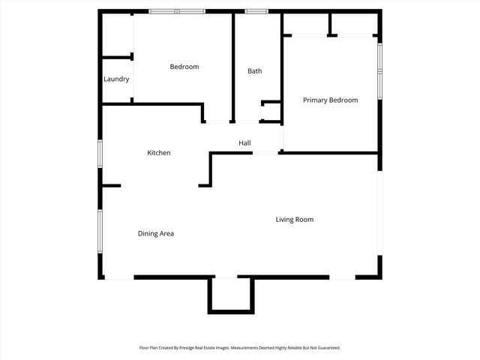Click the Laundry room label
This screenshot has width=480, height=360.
(x=116, y=79)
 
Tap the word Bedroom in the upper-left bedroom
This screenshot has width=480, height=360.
(x=184, y=67)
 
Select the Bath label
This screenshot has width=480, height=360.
(x=255, y=71)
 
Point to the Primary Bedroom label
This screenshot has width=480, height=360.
(x=330, y=100)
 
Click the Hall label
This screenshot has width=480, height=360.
(x=244, y=142)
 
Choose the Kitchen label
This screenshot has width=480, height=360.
(x=158, y=152)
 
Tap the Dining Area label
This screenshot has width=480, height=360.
(x=156, y=233)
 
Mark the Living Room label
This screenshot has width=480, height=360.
(x=294, y=219)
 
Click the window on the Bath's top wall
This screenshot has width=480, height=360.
(x=257, y=11)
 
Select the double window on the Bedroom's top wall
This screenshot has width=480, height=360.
(x=177, y=11)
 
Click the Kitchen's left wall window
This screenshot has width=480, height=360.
(x=100, y=152)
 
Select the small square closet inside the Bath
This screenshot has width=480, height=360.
(x=271, y=112)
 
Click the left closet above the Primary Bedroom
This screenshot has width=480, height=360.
(x=306, y=24)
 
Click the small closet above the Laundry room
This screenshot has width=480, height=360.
(x=117, y=34)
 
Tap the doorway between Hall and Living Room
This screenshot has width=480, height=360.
(x=265, y=153)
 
